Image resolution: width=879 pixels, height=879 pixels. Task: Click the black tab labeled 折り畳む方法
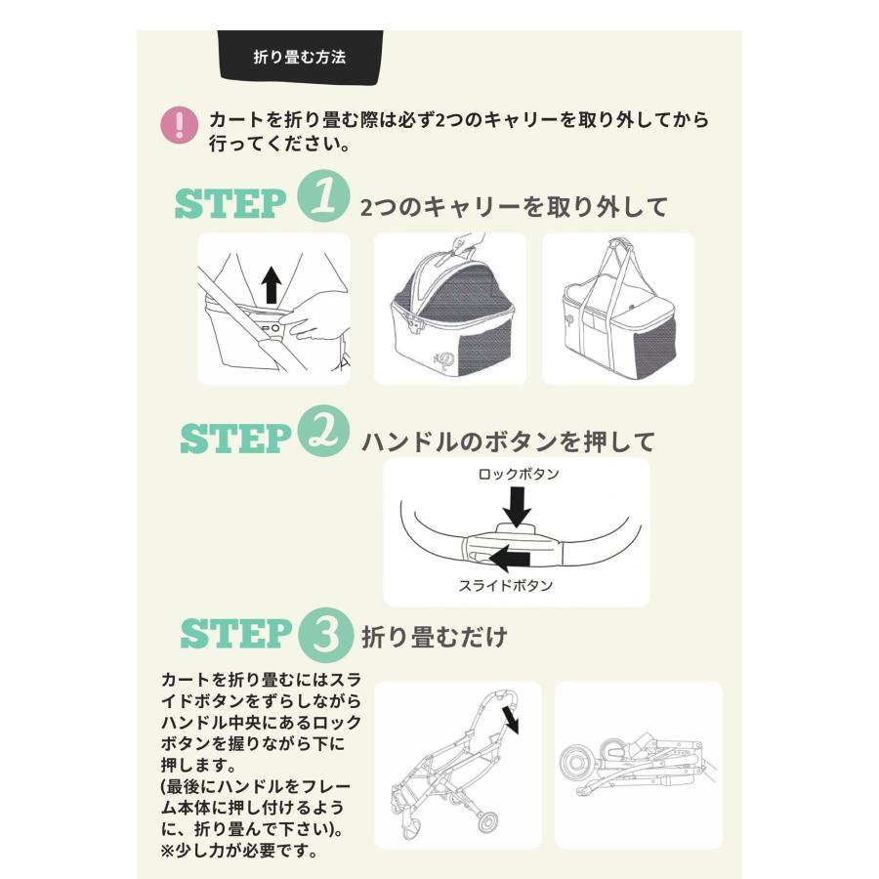[299, 57]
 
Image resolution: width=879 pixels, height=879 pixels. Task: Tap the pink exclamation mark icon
[178, 125]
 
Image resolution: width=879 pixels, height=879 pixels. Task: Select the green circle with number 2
[321, 433]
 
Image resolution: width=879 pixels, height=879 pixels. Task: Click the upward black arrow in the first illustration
[272, 285]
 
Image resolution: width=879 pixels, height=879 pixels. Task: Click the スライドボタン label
[505, 586]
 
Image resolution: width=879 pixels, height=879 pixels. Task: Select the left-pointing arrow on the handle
[509, 560]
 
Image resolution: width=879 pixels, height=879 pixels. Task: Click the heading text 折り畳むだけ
[435, 638]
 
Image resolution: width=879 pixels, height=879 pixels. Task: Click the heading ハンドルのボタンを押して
[508, 441]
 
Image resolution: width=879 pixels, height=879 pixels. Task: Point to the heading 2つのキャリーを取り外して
[514, 207]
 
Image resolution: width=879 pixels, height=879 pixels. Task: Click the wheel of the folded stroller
[577, 763]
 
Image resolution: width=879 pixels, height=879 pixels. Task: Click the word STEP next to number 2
[234, 439]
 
